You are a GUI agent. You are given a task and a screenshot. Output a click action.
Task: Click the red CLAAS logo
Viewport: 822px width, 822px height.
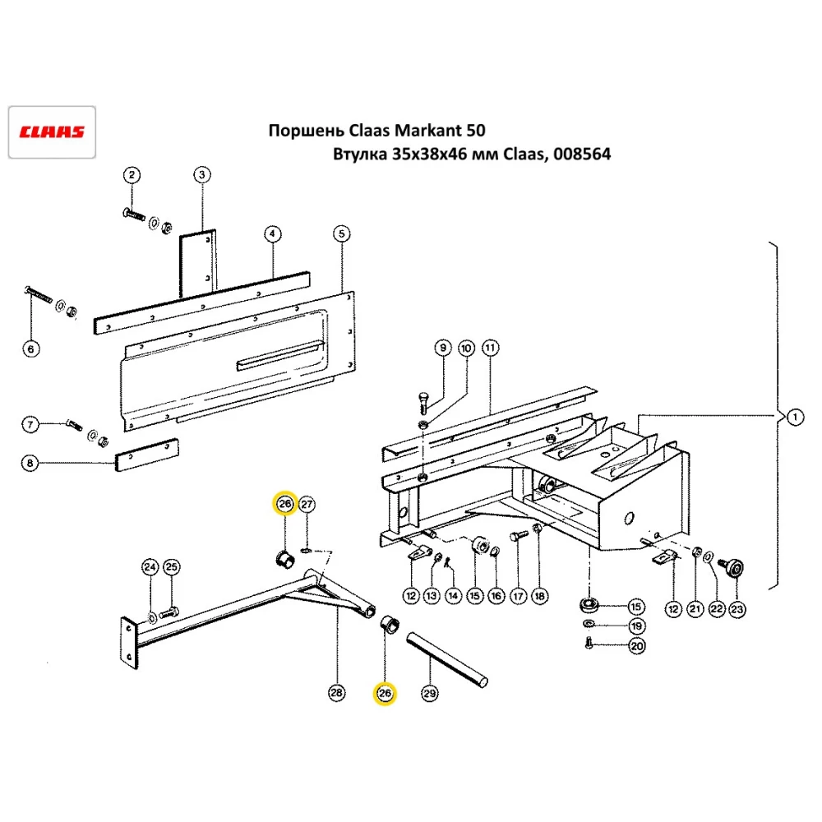[52, 132]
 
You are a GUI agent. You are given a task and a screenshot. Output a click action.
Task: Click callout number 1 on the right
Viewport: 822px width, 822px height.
[794, 418]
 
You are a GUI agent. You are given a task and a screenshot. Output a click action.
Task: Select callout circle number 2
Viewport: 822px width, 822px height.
[132, 174]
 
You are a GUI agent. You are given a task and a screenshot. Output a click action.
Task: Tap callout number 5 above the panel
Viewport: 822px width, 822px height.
[341, 234]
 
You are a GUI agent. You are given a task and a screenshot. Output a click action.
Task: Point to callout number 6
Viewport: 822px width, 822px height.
[30, 349]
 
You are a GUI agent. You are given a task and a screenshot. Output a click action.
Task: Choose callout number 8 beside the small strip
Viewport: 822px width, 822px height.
[30, 464]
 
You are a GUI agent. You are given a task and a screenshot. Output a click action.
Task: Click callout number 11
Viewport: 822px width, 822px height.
[490, 348]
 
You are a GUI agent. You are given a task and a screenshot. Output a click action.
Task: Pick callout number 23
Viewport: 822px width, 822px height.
[736, 609]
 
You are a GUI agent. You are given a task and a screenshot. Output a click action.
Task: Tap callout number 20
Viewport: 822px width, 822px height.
[637, 647]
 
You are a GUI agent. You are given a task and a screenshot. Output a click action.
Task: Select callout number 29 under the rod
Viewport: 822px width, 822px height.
[429, 695]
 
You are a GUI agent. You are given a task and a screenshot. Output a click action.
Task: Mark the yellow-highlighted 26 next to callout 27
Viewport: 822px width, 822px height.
[284, 504]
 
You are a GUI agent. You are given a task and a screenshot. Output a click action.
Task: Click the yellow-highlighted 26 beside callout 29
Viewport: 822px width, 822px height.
[385, 695]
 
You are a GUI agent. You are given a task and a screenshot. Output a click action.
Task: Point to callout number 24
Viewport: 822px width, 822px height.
[150, 567]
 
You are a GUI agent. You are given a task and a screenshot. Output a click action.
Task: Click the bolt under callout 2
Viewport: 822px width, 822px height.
[136, 215]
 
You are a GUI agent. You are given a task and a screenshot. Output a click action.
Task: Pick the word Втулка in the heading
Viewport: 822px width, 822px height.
[356, 155]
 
